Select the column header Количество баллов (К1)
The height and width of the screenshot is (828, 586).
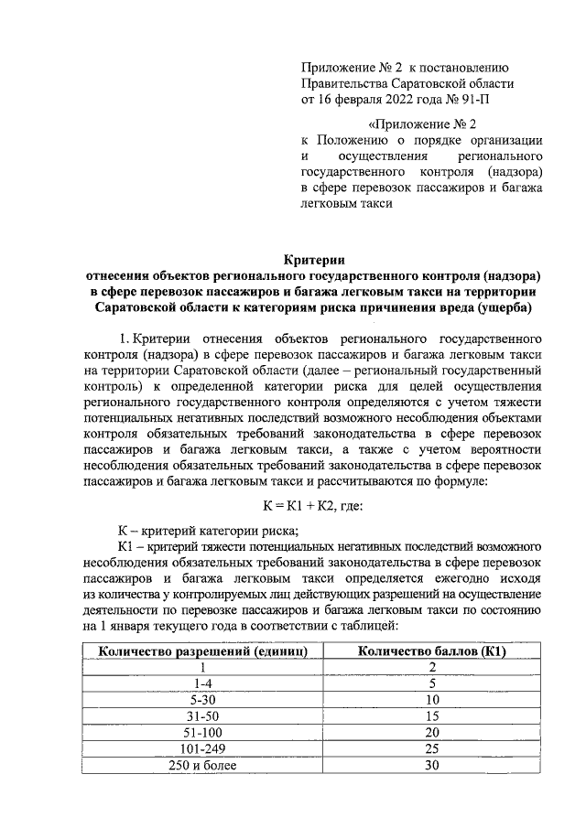(x=432, y=651)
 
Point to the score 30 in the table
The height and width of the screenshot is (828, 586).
(x=432, y=766)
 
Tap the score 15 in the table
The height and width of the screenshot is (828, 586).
(x=432, y=716)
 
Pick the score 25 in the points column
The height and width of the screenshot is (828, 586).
(x=432, y=749)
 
